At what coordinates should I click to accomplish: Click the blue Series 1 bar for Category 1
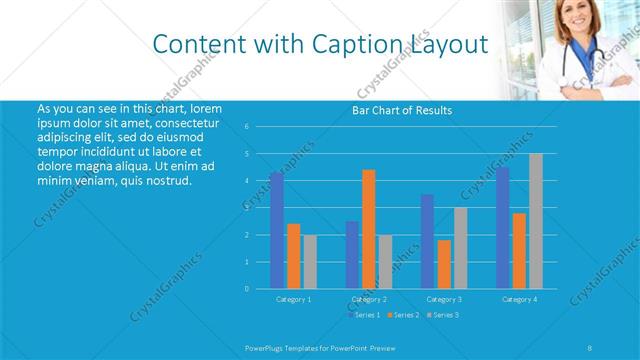276,230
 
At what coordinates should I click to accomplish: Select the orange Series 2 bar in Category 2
368,229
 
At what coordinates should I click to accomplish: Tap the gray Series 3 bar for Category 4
536,221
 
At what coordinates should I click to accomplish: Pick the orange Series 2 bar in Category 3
444,264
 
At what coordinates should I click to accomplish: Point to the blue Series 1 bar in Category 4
502,227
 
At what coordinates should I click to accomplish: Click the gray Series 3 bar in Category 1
310,262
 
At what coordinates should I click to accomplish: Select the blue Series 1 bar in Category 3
427,241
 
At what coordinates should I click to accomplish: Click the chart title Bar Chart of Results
402,110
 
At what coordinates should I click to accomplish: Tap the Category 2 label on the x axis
369,299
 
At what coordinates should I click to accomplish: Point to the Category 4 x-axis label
519,299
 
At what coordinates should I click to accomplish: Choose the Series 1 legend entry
363,315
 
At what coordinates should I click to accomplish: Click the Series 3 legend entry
441,315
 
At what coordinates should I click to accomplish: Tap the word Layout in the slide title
449,44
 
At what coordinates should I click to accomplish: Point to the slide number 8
589,347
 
